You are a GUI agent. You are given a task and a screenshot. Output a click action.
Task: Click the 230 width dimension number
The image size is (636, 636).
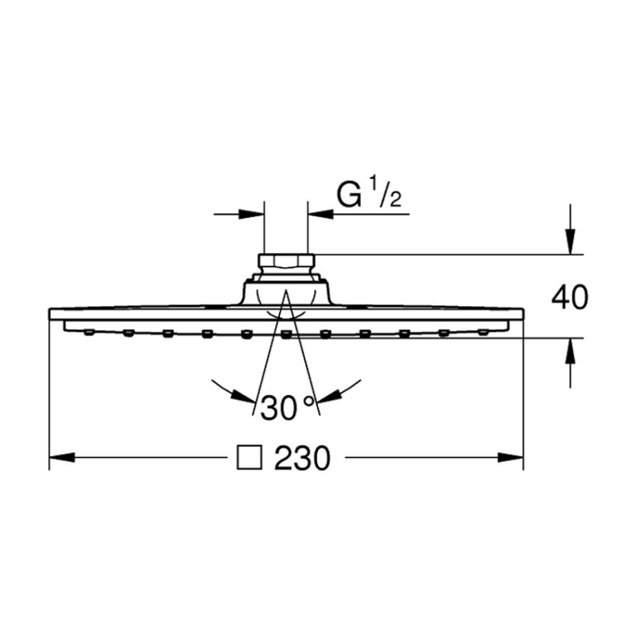pos(302,459)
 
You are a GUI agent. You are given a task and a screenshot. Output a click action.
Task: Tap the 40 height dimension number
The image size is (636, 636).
pos(569,297)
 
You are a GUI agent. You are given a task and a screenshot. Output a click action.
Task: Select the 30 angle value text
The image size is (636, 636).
pos(279,408)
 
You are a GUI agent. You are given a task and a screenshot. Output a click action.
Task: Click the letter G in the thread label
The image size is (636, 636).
pos(349,195)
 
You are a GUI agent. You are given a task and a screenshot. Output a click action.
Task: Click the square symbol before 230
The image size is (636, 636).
pos(249,458)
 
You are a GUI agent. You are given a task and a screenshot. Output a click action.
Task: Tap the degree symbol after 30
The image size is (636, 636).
pos(308,401)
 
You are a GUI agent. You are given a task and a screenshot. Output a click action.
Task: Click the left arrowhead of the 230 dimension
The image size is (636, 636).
pos(62,458)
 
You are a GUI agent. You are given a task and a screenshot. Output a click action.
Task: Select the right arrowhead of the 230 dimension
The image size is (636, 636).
pos(510,458)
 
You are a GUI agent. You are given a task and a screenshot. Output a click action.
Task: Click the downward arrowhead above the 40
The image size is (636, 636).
pos(570,242)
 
